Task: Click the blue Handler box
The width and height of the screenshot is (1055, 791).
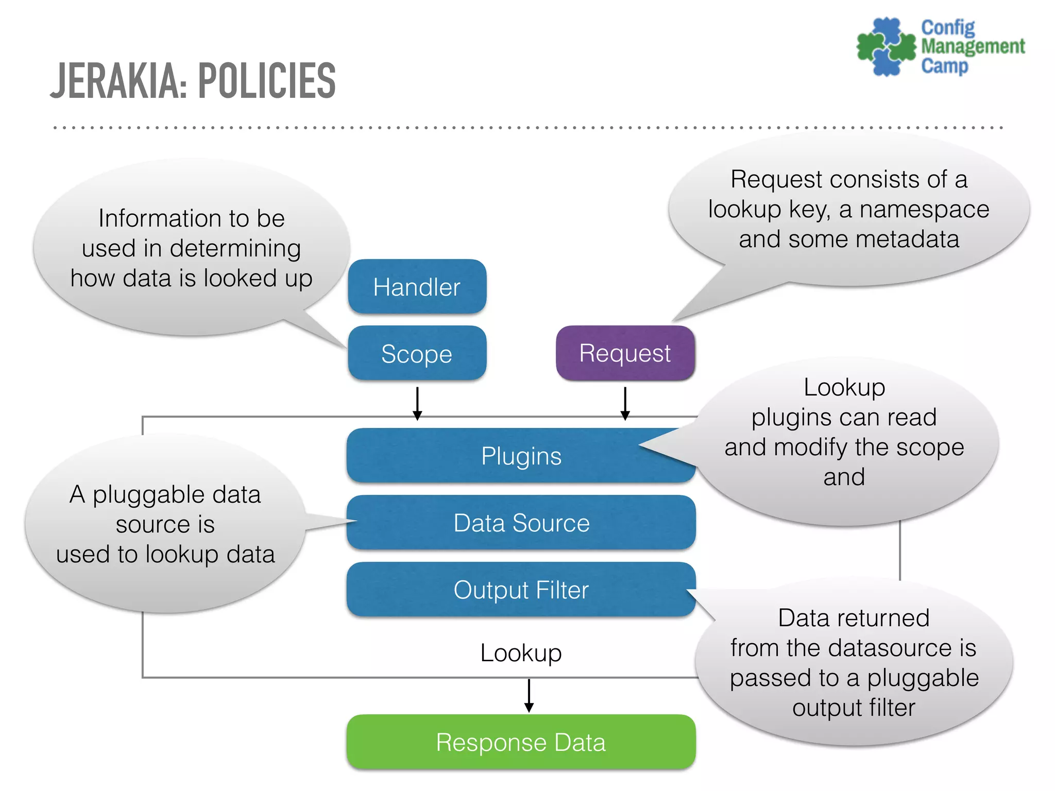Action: [x=417, y=287]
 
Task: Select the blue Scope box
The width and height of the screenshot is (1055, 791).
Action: [x=417, y=354]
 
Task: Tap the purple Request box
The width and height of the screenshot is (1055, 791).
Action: [x=625, y=353]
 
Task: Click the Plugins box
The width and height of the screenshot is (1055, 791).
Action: [x=521, y=456]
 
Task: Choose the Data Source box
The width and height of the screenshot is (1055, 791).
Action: [x=521, y=523]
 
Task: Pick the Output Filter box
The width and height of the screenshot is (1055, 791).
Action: [x=521, y=590]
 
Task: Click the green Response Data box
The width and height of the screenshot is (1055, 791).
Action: [x=521, y=742]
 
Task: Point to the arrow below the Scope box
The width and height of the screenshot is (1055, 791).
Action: [x=417, y=404]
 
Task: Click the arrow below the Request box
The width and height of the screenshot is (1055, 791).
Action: [x=625, y=404]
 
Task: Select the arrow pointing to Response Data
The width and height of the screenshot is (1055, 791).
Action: [x=529, y=696]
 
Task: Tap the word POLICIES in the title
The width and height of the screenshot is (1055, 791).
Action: [x=267, y=81]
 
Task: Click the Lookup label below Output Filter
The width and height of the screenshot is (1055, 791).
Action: [x=521, y=653]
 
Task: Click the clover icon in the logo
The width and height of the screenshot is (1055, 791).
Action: [x=886, y=47]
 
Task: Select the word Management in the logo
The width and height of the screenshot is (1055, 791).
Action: [x=973, y=46]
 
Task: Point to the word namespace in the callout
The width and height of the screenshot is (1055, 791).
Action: [x=924, y=210]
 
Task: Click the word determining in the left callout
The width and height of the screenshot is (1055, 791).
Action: [x=235, y=248]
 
